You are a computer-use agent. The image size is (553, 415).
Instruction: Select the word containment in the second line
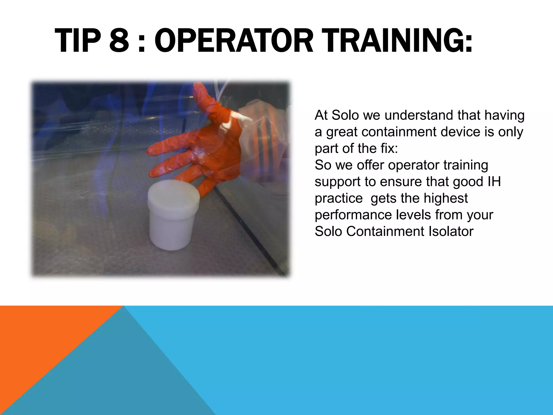(x=399, y=132)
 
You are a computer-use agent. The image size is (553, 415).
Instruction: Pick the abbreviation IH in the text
(x=494, y=182)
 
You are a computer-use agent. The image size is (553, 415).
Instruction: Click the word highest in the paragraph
(x=445, y=198)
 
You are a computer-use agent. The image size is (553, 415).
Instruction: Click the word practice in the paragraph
(x=339, y=198)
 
